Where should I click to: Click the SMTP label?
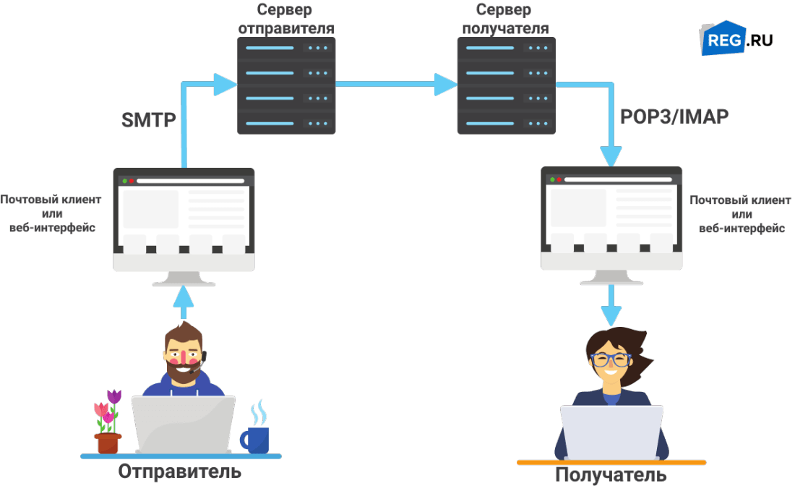(x=147, y=120)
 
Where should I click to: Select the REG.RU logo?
(x=735, y=38)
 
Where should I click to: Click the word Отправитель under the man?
(x=179, y=472)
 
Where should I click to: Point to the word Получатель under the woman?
(x=611, y=475)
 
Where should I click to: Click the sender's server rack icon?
(x=286, y=85)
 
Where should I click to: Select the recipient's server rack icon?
(x=506, y=85)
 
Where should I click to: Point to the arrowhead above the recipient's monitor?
(x=611, y=155)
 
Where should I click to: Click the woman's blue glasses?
(x=611, y=359)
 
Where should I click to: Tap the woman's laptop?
(x=611, y=432)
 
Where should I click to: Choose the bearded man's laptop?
(x=183, y=425)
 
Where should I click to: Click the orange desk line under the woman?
(x=611, y=461)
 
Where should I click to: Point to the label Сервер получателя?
(x=504, y=20)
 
